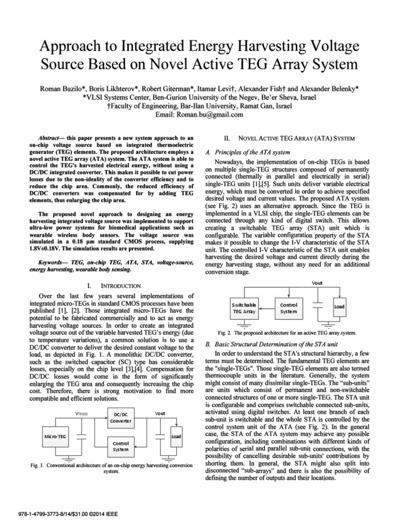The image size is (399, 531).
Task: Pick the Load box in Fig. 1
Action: click(x=176, y=436)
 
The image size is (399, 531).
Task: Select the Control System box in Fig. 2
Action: click(x=288, y=308)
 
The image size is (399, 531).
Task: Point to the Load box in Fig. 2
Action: click(x=339, y=306)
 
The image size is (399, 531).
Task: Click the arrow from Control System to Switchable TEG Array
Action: click(x=266, y=308)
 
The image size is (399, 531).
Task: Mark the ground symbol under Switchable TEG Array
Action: click(x=245, y=325)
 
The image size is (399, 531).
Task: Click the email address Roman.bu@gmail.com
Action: click(x=199, y=115)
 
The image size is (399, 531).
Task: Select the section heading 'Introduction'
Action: click(x=120, y=286)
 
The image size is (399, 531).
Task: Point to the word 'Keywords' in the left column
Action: click(x=46, y=263)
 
